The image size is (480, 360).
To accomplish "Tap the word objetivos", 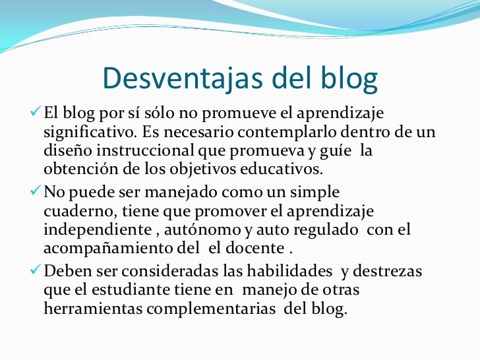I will [x=191, y=169].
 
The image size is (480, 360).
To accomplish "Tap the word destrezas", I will [x=383, y=272].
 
